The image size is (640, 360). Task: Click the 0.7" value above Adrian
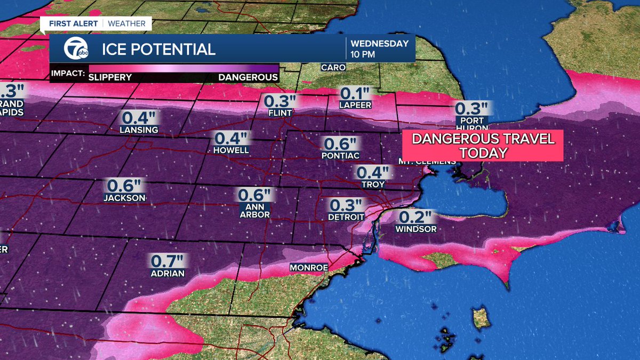(x=167, y=261)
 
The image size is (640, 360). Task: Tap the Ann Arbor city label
(x=254, y=211)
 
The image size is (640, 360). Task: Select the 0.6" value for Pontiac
(x=340, y=144)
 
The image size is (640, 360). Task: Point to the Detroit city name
(x=346, y=217)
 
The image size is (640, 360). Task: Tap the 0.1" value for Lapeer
(x=355, y=93)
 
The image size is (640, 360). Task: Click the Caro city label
(x=333, y=68)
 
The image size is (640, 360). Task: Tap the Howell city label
(x=231, y=150)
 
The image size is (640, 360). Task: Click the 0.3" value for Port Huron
(x=471, y=108)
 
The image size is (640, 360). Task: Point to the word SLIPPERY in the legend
(x=110, y=77)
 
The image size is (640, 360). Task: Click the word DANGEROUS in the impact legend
(x=247, y=77)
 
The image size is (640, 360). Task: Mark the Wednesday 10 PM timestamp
(x=380, y=49)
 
